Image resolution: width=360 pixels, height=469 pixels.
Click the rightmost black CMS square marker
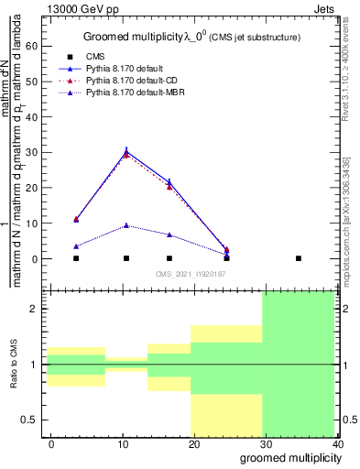[x=299, y=258]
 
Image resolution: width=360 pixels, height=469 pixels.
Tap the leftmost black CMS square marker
[x=76, y=258]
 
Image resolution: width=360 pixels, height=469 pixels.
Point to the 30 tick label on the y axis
[x=35, y=152]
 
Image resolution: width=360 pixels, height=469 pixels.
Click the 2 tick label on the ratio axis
[x=35, y=309]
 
